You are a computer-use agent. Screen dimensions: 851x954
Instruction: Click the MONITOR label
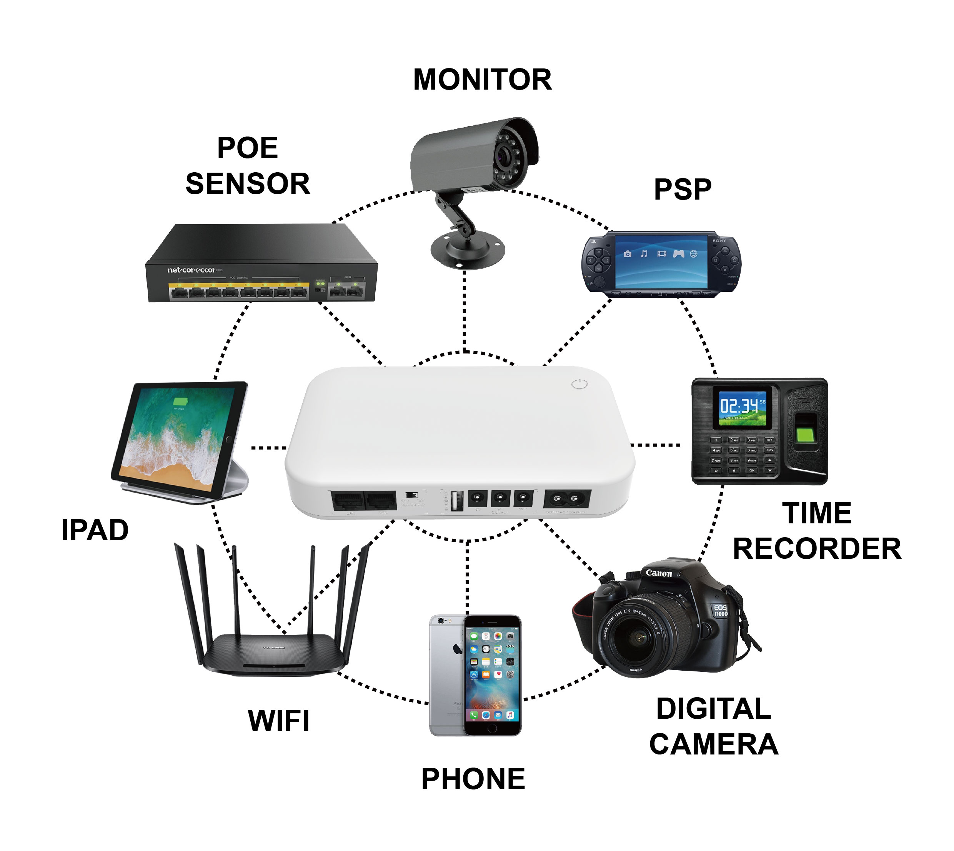pyautogui.click(x=482, y=80)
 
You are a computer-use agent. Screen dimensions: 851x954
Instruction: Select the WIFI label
pyautogui.click(x=279, y=721)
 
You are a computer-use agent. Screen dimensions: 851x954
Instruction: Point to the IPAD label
pyautogui.click(x=95, y=530)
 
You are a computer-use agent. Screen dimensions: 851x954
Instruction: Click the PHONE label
pyautogui.click(x=473, y=779)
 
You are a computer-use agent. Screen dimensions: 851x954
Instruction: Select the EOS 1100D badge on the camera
pyautogui.click(x=720, y=610)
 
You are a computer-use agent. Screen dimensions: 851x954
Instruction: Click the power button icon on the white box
pyautogui.click(x=579, y=384)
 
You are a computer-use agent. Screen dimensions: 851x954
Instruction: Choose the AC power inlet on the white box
pyautogui.click(x=567, y=498)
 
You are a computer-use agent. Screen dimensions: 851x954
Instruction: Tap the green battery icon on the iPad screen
pyautogui.click(x=180, y=401)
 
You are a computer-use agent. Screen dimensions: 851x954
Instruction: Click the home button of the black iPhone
pyautogui.click(x=492, y=728)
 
